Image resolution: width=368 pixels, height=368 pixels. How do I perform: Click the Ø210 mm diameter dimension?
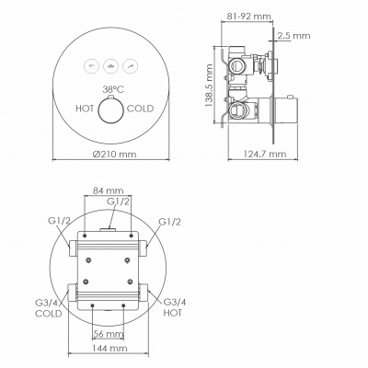[x=114, y=154]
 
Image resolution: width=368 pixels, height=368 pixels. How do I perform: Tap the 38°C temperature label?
[x=113, y=89]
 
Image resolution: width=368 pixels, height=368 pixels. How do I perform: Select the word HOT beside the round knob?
[x=85, y=109]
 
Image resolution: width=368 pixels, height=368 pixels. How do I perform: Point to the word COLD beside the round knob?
[x=140, y=109]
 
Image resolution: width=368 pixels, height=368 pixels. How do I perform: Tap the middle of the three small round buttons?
[x=111, y=66]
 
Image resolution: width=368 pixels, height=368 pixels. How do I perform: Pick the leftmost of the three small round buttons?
[x=92, y=66]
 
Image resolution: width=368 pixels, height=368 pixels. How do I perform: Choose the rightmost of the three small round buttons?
[x=131, y=66]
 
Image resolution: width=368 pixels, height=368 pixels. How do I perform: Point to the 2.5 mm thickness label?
[x=293, y=36]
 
